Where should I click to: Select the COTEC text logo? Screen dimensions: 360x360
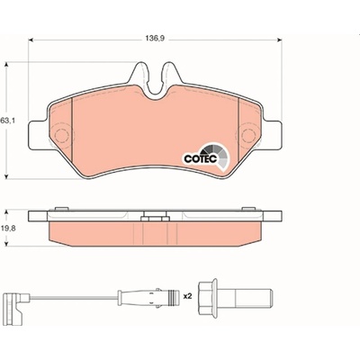coord(201,159)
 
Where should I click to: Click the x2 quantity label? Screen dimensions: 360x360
coord(187,297)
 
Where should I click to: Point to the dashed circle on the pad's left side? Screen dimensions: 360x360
coord(63,135)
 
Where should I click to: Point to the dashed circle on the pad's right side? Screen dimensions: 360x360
coord(248,136)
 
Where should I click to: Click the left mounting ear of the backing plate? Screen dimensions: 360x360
coord(38,135)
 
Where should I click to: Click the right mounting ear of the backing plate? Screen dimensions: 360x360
coord(273,135)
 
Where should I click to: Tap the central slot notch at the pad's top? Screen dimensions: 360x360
coord(155,81)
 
